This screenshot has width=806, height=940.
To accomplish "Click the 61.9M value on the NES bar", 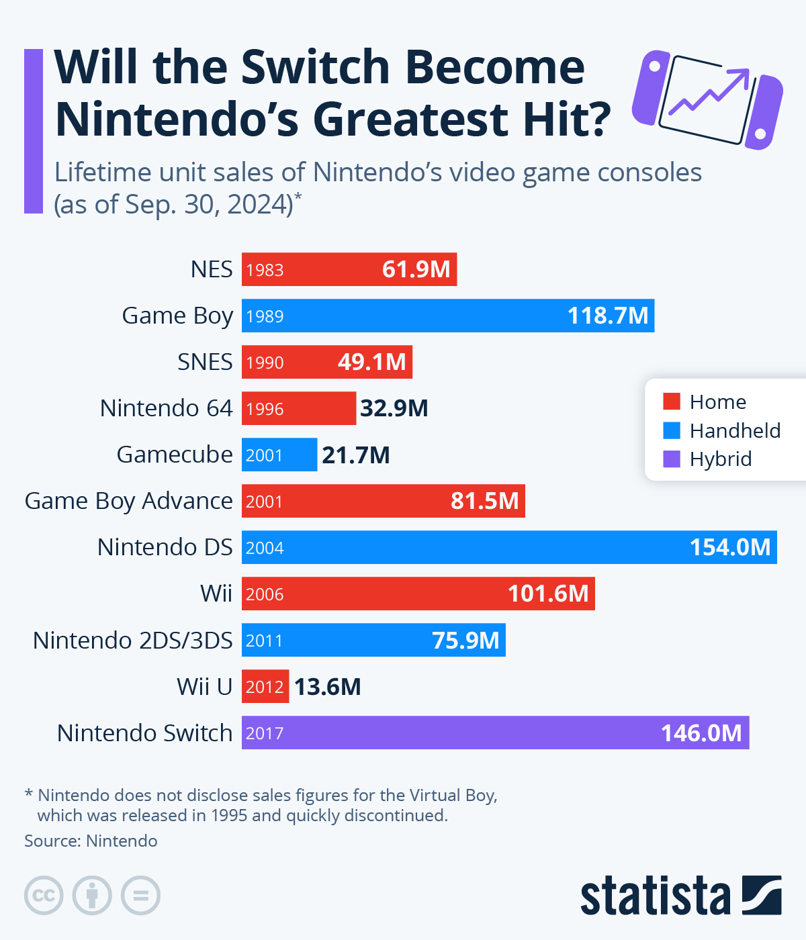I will point(416,269).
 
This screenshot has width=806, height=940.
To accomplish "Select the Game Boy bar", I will point(448,316).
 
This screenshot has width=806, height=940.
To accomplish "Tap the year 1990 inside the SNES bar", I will point(265,363).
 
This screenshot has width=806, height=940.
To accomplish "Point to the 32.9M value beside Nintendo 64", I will point(394,408).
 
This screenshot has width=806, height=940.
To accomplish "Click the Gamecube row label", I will point(175,455).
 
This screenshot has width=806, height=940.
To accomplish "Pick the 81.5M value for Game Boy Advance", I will point(484,501).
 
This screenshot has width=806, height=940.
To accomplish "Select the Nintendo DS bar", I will point(509,547).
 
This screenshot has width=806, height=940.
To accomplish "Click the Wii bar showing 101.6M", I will point(418,594).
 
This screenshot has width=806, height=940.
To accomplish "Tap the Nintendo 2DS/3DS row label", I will point(133,641).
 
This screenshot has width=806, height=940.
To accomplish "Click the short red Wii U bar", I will point(265,686).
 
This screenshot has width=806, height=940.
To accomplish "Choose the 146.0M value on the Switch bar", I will point(701,733).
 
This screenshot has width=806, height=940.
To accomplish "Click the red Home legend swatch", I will point(672,402).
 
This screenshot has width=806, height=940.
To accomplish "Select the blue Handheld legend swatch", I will point(672,430).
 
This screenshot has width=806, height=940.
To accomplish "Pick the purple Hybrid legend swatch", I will point(672,459).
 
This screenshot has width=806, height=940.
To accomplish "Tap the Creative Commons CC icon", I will point(44,896).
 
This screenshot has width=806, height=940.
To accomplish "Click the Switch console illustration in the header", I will point(707,98).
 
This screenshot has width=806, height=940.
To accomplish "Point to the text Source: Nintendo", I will point(91,841).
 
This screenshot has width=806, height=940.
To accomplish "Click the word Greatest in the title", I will point(409,120).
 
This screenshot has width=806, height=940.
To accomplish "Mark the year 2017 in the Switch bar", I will point(265,733).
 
